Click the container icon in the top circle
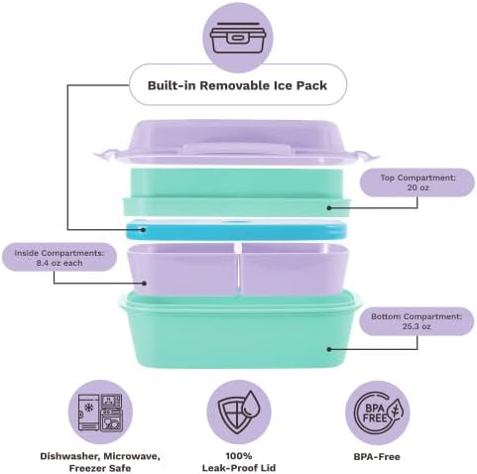coord(238,38)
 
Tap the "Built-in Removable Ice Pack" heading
coord(237,85)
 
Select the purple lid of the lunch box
coord(236,143)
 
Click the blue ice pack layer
coord(236,230)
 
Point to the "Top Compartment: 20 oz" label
coord(417,182)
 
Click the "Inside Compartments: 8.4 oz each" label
coord(60,258)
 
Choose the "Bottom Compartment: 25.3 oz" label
coord(417,321)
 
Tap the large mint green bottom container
coord(240,329)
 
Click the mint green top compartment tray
coord(236,192)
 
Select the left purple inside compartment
coord(182,269)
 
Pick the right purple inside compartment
coord(295,269)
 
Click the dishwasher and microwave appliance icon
coord(100,412)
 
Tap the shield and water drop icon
coord(239,412)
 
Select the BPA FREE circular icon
coord(378,413)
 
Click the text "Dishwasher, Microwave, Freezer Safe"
coord(100,462)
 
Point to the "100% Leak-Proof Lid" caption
coord(239,462)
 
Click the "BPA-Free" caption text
coord(377,457)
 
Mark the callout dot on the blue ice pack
coord(143,229)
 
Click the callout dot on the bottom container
coord(329,349)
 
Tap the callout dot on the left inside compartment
coord(144,283)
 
